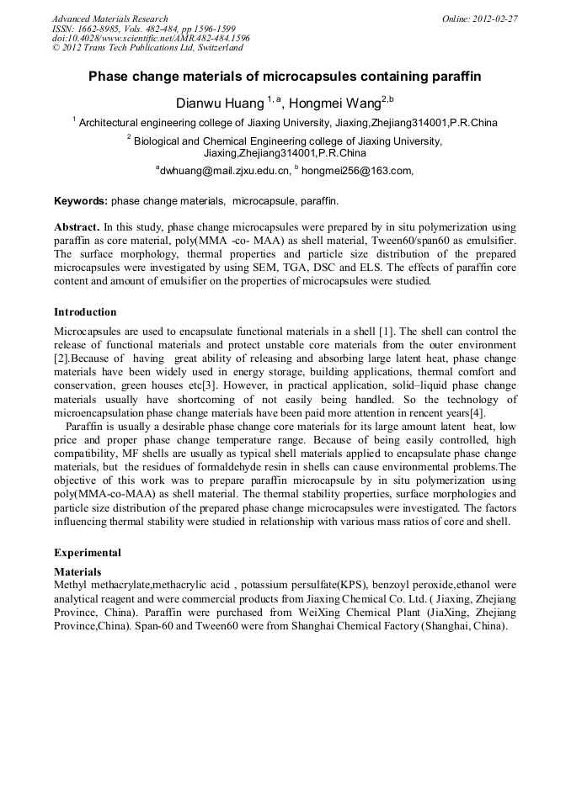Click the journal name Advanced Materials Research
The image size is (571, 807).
point(109,18)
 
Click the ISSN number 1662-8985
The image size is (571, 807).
point(102,28)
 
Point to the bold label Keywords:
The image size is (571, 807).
point(81,202)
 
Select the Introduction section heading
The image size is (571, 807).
point(86,311)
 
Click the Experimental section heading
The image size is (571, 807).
point(88,553)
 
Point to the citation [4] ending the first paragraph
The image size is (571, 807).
point(477,412)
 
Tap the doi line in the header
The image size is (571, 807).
point(151,38)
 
